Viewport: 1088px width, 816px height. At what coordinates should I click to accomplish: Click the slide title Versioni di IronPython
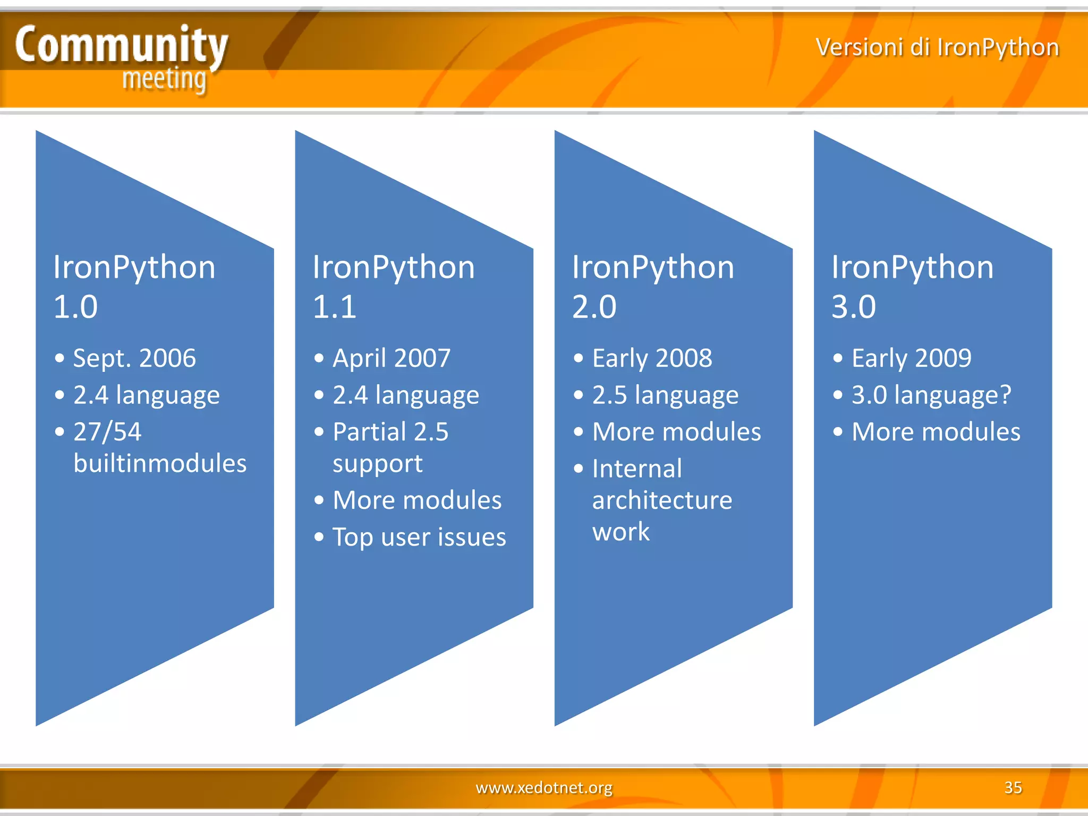[x=937, y=47]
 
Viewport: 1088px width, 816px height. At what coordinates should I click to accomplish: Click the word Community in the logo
[x=121, y=45]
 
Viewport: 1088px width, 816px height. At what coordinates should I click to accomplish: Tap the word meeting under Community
[x=164, y=80]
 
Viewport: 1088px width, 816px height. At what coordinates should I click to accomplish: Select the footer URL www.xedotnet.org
[x=544, y=787]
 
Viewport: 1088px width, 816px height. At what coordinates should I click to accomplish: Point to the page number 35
[x=1013, y=787]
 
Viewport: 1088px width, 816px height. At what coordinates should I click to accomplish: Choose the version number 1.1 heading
[x=334, y=307]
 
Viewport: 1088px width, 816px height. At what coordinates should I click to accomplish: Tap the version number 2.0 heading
[x=594, y=307]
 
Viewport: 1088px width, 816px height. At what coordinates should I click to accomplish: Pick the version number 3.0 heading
[x=853, y=307]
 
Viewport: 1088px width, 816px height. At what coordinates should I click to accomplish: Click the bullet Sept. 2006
[x=134, y=358]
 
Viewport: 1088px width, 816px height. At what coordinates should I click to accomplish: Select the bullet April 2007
[x=392, y=358]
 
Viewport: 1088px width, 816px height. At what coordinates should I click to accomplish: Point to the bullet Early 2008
[x=652, y=358]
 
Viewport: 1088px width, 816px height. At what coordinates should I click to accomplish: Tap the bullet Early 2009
[x=911, y=358]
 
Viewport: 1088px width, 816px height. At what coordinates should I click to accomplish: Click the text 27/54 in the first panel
[x=107, y=432]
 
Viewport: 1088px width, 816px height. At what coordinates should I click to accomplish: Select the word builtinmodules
[x=160, y=463]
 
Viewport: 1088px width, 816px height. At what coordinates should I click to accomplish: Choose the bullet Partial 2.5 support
[x=390, y=447]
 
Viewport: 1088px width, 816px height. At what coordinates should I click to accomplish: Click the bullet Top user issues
[x=419, y=537]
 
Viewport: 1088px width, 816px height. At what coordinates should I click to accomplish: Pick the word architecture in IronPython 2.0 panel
[x=662, y=500]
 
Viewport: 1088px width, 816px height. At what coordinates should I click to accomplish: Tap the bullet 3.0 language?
[x=931, y=395]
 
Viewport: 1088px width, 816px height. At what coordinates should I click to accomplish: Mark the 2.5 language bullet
[x=665, y=395]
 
